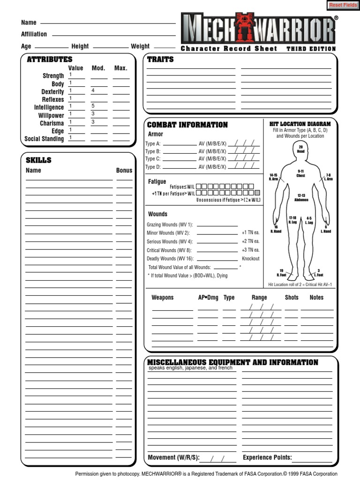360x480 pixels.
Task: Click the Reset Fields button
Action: [343, 5]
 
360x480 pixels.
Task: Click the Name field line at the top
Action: [108, 22]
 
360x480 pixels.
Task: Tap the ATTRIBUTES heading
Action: [50, 59]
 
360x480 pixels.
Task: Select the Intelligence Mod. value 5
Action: [93, 106]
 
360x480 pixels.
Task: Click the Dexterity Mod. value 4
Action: [93, 90]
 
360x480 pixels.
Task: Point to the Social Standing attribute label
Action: [44, 139]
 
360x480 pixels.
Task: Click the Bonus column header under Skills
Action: [124, 170]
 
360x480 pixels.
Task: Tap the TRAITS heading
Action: [160, 59]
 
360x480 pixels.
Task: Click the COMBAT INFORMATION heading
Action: [187, 125]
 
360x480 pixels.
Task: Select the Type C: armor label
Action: [153, 159]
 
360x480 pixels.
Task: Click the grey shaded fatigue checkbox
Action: [257, 193]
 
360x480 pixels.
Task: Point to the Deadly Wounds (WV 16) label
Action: [170, 259]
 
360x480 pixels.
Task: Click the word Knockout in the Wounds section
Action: [250, 259]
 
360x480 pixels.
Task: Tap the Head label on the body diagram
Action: [300, 152]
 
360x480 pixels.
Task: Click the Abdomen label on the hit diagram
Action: [301, 200]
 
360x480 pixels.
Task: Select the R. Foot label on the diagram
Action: [282, 275]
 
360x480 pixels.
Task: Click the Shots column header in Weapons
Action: [292, 297]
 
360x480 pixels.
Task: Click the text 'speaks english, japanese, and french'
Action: [190, 368]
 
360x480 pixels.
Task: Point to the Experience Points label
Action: [267, 457]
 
